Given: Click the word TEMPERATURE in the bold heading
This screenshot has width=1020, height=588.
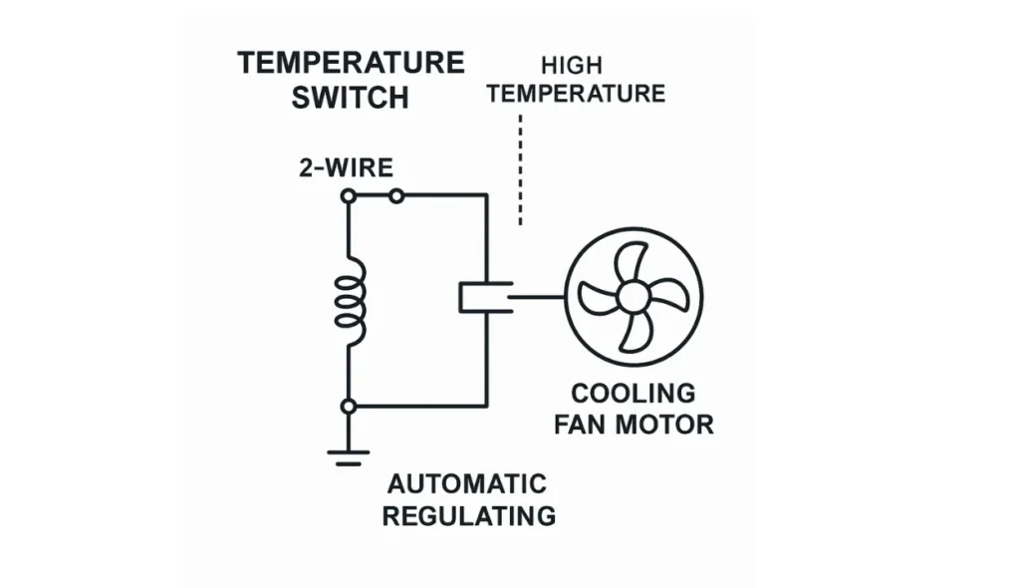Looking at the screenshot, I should point(351,63).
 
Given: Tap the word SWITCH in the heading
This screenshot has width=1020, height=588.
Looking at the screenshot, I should point(350,98).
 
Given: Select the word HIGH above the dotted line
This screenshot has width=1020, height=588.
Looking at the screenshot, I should point(572,66).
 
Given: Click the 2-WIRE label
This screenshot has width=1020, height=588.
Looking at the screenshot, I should point(346,167).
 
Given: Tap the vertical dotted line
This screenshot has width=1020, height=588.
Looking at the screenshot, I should point(520,169).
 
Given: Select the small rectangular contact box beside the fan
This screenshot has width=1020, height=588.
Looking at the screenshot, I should point(485,297).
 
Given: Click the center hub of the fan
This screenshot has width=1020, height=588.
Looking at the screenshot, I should point(632,296).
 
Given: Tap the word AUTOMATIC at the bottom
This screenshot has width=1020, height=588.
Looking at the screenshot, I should point(467,484).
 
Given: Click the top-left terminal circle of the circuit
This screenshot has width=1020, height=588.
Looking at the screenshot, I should point(349,196).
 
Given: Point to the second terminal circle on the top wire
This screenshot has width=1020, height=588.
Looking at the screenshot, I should point(396,196).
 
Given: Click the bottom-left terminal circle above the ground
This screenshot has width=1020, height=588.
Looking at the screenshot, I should point(349,406).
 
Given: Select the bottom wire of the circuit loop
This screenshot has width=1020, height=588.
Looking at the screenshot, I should point(418,406).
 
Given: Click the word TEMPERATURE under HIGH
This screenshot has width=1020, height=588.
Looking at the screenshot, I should point(576,95).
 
